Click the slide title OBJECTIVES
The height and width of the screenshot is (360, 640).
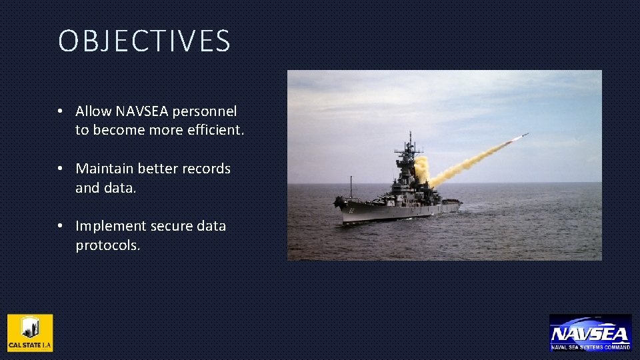pos(144,41)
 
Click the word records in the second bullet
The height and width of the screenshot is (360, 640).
pos(205,169)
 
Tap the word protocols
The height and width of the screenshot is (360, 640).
pos(107,245)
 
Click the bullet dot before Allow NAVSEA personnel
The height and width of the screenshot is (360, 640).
pos(60,111)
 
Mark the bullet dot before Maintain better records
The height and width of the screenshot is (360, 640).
pos(60,169)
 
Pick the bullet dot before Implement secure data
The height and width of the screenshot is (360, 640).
pos(60,226)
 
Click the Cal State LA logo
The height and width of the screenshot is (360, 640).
pos(30,333)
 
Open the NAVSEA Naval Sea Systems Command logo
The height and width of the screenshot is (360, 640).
pos(590,333)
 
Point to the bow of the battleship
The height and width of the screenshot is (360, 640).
pos(339,201)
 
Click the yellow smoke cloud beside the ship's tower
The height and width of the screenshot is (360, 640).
pos(421,169)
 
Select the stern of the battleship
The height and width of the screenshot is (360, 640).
pos(458,204)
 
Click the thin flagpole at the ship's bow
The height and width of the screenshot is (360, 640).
pos(351,187)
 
